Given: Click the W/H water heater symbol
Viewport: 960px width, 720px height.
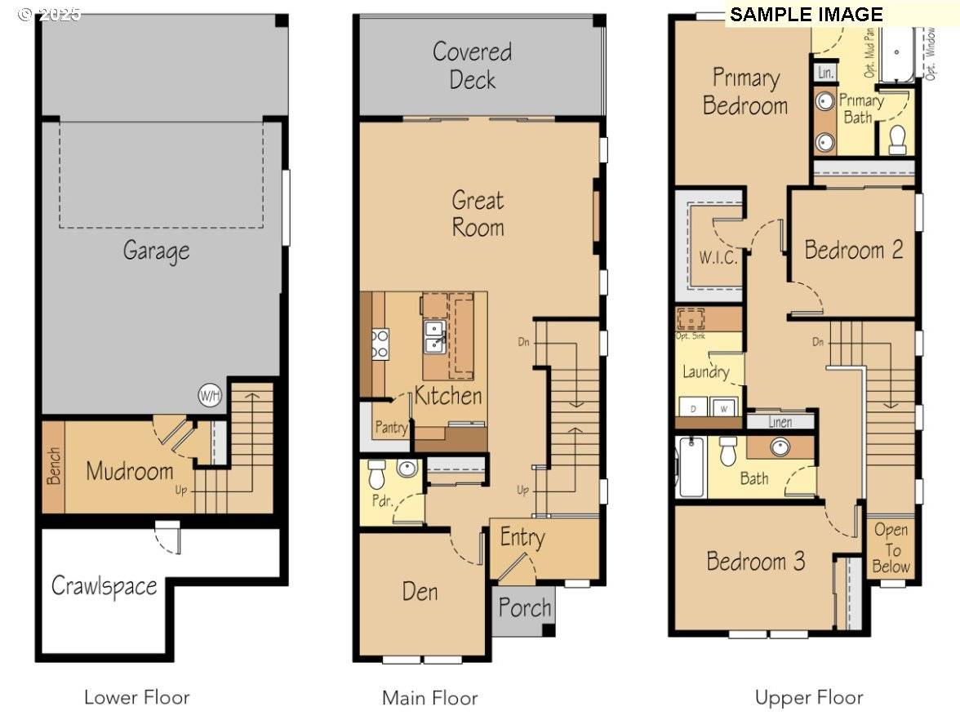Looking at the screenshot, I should (210, 396).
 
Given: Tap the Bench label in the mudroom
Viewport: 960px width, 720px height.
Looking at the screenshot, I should (53, 466).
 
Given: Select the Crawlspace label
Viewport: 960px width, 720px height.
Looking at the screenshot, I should (104, 586).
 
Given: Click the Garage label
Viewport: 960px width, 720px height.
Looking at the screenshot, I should (156, 251).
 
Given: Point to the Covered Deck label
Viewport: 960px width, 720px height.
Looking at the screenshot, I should (473, 65).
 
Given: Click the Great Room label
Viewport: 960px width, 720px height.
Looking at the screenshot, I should (478, 214).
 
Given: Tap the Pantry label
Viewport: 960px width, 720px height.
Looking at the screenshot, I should (391, 428).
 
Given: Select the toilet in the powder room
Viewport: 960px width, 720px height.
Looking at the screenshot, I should (377, 473).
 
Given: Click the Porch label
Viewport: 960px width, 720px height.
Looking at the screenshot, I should (525, 608).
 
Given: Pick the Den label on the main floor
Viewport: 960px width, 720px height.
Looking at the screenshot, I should (420, 591).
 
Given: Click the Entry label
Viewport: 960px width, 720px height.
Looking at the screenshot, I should (522, 538).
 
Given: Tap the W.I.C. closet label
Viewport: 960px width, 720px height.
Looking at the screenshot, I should (718, 258).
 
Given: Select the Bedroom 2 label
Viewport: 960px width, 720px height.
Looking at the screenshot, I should (854, 250).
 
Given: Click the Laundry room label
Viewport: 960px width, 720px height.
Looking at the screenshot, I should (706, 372).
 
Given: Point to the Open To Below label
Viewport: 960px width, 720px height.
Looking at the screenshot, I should (891, 549).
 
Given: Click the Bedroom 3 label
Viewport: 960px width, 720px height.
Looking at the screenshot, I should (756, 562).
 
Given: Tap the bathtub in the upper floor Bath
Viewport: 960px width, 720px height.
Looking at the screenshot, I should (691, 467).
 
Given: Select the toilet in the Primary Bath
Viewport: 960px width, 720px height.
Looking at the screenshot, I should (897, 140).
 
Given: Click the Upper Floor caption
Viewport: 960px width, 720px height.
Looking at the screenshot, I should (808, 698).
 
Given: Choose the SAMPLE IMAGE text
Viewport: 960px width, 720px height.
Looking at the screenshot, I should (806, 15).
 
